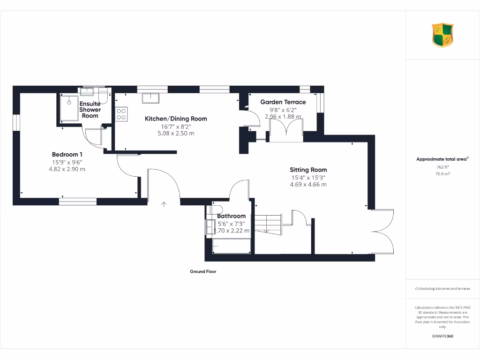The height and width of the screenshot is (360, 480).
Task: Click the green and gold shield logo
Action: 442,36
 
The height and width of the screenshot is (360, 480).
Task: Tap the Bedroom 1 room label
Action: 67,154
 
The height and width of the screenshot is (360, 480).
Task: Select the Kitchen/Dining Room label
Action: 176,119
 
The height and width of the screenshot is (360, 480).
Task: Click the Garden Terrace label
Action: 283,102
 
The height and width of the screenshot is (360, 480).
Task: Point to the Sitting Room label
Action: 308,170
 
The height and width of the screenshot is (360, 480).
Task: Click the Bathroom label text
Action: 232,216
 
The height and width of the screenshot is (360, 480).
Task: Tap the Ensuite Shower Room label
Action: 90,110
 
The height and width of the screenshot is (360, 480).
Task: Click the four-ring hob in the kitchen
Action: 121,114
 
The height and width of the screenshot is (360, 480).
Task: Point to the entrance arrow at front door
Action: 164,204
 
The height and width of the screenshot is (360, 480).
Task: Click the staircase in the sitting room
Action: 268,224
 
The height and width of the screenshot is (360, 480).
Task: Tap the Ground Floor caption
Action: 203,271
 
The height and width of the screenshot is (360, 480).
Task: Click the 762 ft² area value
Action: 442,167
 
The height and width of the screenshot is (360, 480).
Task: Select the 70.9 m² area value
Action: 442,174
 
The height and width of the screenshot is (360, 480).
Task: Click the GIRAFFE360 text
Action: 442,336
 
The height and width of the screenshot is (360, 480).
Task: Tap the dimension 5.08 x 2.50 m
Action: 176,134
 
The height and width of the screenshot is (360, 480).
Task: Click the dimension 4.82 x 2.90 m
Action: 67,169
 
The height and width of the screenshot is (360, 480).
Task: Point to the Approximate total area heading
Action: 442,159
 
